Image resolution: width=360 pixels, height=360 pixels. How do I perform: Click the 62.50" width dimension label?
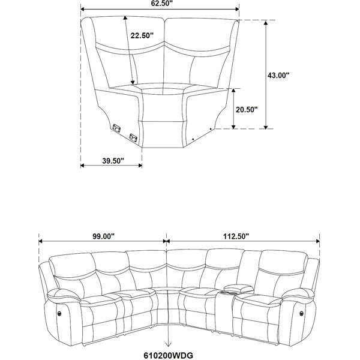pyautogui.click(x=161, y=3)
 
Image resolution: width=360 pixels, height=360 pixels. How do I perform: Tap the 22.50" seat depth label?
pyautogui.click(x=142, y=35)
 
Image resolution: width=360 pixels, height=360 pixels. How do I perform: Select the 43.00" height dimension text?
pyautogui.click(x=278, y=75)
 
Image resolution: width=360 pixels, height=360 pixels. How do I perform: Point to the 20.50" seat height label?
pyautogui.click(x=247, y=110)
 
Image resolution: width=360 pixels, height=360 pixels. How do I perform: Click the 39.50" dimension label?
pyautogui.click(x=113, y=161)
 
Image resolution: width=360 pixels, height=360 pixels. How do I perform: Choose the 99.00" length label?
pyautogui.click(x=103, y=236)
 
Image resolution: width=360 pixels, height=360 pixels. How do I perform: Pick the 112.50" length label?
pyautogui.click(x=236, y=236)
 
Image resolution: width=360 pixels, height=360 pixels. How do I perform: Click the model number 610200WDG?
pyautogui.click(x=169, y=355)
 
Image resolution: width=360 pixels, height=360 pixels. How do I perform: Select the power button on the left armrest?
pyautogui.click(x=59, y=313)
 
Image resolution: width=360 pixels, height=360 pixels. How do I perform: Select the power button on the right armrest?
pyautogui.click(x=301, y=313)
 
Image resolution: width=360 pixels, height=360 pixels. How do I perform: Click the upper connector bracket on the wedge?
pyautogui.click(x=116, y=128)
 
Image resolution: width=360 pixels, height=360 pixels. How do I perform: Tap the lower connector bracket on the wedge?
pyautogui.click(x=133, y=138)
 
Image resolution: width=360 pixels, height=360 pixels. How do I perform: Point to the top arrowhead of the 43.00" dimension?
pyautogui.click(x=266, y=22)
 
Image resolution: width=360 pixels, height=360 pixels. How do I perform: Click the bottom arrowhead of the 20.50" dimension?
pyautogui.click(x=233, y=127)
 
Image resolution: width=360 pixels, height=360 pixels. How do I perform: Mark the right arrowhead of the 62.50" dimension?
pyautogui.click(x=237, y=9)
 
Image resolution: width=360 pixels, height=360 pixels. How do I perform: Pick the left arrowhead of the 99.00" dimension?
pyautogui.click(x=41, y=241)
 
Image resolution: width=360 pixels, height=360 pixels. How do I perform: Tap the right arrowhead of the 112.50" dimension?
pyautogui.click(x=317, y=241)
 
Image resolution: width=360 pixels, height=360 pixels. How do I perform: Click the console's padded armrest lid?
pyautogui.click(x=239, y=288)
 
